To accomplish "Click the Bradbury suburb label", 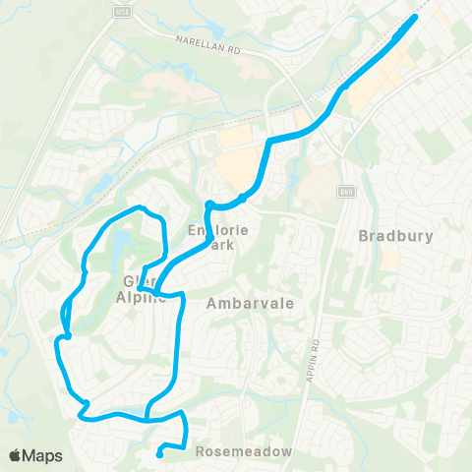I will tap(395, 236).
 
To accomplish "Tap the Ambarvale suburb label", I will tap(251, 304).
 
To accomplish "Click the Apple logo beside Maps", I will tap(17, 455).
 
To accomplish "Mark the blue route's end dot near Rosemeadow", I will tap(159, 453).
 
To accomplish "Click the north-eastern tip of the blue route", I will tap(414, 17).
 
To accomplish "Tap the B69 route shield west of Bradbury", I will tap(345, 191).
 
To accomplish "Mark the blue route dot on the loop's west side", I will tap(67, 336).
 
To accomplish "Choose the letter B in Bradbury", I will tap(364, 236).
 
